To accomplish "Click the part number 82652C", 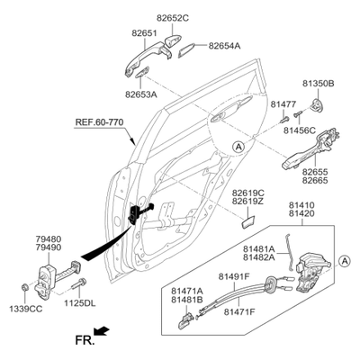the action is coord(173,18).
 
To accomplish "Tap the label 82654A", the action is coord(224,46).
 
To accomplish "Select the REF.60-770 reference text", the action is coord(99,122).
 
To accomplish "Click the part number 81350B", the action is coord(318,84).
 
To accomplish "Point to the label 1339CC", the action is coord(25,309).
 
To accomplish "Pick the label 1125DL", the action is coord(79,303).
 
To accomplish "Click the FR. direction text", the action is coord(85,340).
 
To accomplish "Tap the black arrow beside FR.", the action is coord(102,330).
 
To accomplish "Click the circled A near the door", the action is coord(238,147).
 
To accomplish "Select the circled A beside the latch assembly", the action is coord(345,261).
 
